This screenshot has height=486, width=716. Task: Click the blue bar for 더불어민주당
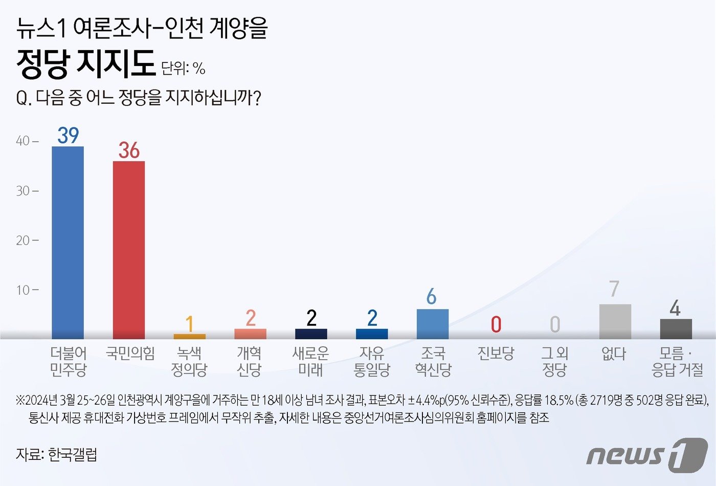pos(68,243)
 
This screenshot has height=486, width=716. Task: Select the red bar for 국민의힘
pos(128,250)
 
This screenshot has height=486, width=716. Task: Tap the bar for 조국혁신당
pos(432,324)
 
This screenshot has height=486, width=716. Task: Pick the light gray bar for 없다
pos(615,321)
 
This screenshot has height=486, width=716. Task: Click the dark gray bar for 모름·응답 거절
pos(676,329)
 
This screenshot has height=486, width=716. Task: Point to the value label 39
pos(68,136)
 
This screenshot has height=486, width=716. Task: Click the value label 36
pos(129,150)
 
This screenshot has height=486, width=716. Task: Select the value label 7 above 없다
pos(614,290)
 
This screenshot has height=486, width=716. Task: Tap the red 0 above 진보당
pos(496,324)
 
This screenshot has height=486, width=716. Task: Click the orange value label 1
pos(189,324)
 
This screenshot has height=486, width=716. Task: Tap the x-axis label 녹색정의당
pos(189,361)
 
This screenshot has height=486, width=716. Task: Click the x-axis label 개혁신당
pos(250,361)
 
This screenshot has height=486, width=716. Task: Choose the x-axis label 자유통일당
pos(372,361)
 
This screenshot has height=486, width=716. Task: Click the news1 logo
pos(646,454)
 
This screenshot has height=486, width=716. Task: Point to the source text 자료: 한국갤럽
pos(56,454)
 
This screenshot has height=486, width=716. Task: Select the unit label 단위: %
pos(183,68)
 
